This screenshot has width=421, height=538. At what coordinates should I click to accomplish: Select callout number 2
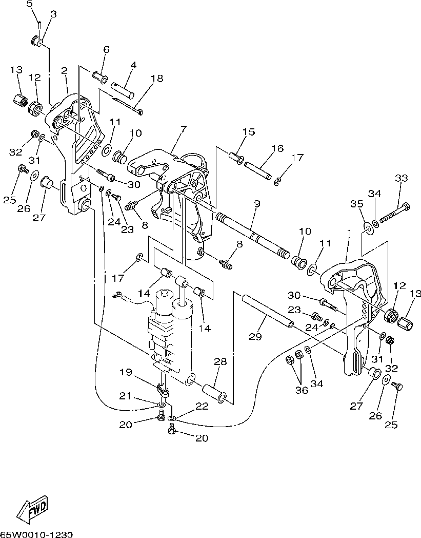click(x=65, y=70)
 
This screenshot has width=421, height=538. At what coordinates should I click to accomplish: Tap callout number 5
click(x=29, y=4)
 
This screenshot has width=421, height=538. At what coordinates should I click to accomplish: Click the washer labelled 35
click(x=369, y=227)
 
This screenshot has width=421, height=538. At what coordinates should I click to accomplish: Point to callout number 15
click(x=248, y=132)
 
